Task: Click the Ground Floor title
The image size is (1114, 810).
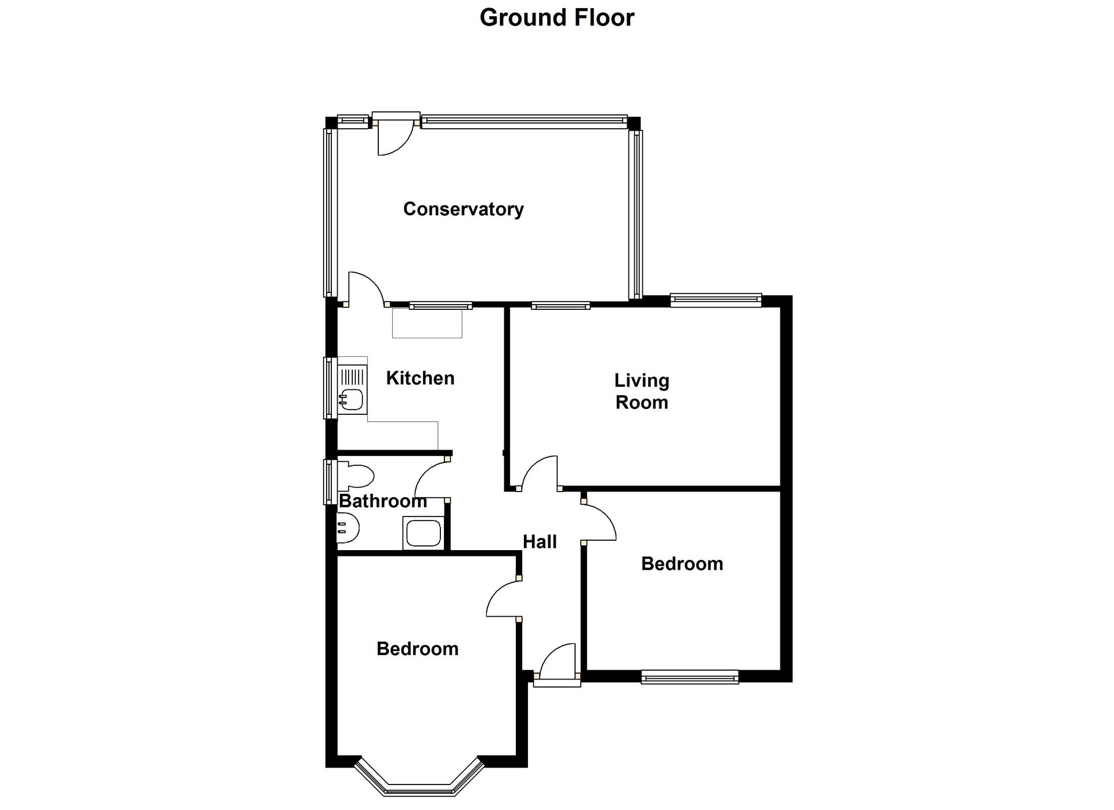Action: pos(557,18)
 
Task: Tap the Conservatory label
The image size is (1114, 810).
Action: pos(463,209)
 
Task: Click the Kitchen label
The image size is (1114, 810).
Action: pos(420,378)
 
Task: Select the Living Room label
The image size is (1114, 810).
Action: pos(642,392)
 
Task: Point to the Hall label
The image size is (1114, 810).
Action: pos(540,542)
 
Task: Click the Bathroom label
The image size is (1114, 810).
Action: pos(383,501)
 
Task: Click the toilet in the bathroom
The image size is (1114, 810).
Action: pos(355,476)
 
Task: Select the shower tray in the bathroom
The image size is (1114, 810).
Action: pos(423,533)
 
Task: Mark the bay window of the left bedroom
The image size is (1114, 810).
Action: pos(419,778)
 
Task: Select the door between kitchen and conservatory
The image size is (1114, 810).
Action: pos(366,288)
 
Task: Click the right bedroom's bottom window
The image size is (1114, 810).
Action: pos(690,677)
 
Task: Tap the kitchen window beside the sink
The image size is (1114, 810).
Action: pos(330,388)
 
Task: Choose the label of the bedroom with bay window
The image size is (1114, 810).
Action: pos(417,649)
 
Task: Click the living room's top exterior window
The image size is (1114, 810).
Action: pos(716,300)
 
